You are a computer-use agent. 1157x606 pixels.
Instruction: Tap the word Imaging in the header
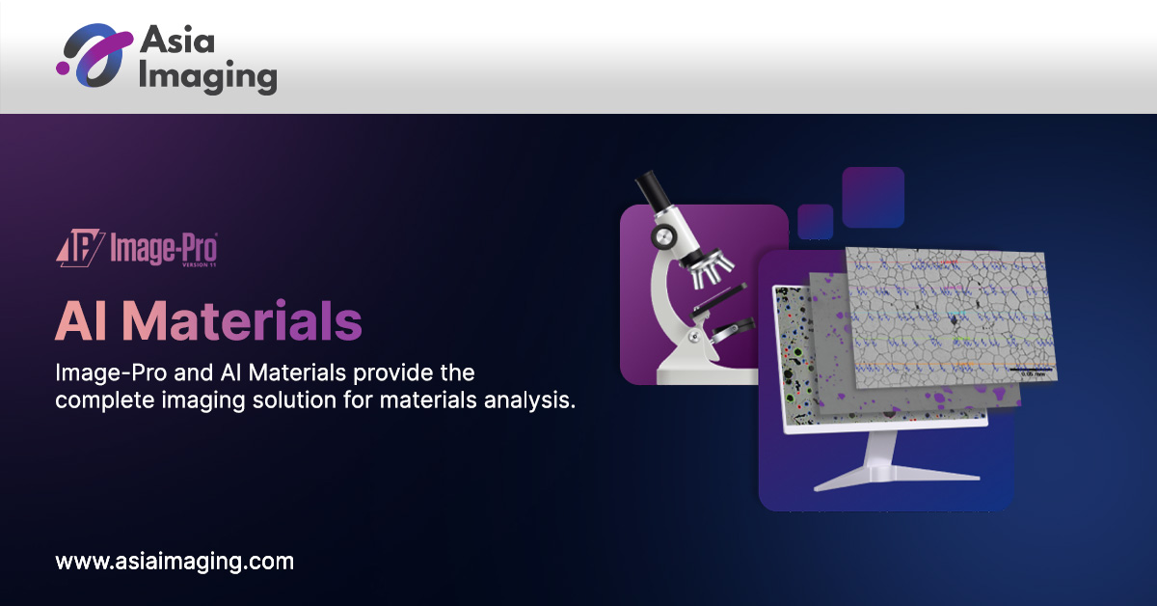point(207,77)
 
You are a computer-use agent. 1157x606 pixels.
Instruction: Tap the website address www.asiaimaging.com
point(175,560)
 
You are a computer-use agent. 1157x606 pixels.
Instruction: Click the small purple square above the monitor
point(816,221)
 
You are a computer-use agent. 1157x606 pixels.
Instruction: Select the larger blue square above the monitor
point(873,197)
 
